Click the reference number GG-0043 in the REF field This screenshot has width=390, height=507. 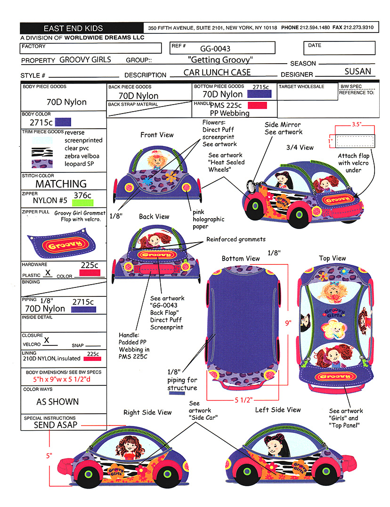[215, 49]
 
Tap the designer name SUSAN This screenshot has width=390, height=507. [358, 72]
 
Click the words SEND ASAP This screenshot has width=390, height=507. [56, 425]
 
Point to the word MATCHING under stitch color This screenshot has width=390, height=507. [61, 184]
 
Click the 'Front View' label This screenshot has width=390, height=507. [157, 135]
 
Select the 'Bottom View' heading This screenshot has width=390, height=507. [241, 258]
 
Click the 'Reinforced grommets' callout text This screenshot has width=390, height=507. [236, 239]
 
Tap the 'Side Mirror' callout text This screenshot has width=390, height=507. [284, 125]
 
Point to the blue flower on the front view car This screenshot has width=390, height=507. [147, 181]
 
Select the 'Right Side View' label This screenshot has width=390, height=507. [147, 412]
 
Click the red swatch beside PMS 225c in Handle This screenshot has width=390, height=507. [257, 105]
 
